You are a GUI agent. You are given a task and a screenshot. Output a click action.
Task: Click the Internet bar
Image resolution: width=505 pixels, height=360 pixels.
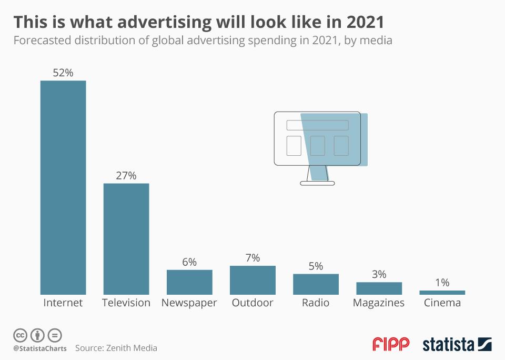coord(63,187)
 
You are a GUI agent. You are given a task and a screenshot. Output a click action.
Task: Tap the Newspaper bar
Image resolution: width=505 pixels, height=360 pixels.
coord(189,282)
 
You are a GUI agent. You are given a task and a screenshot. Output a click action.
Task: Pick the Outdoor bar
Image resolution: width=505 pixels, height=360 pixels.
coord(252,279)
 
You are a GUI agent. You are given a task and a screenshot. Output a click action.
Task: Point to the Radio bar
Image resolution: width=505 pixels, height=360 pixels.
coord(316,284)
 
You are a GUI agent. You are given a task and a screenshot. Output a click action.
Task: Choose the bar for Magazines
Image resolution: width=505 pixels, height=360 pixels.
coord(379,288)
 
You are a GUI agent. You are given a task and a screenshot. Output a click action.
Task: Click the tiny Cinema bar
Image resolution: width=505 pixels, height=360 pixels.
coord(442,292)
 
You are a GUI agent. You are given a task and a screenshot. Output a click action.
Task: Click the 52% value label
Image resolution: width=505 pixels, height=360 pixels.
coord(63,73)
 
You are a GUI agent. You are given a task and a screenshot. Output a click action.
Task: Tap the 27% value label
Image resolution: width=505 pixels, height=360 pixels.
coord(126,176)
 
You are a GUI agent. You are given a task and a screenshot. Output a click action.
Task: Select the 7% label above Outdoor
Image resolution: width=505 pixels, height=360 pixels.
coord(252,258)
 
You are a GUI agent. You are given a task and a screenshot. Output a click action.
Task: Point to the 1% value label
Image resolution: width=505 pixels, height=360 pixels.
coord(442,283)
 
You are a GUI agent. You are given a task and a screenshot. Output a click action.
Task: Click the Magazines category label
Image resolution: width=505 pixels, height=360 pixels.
coord(379,303)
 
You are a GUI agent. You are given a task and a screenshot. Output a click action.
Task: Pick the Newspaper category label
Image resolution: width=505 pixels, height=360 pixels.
coord(189,303)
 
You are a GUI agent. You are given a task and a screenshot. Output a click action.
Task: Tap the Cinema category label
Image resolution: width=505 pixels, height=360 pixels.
coord(442,303)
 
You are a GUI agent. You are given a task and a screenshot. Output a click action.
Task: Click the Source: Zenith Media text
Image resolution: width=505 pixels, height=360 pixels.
coord(116,348)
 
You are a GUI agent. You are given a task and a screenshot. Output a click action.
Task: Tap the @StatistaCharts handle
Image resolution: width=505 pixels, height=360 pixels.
coord(40,348)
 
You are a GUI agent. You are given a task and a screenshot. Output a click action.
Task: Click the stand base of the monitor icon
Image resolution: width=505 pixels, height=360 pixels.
coord(317,183)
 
